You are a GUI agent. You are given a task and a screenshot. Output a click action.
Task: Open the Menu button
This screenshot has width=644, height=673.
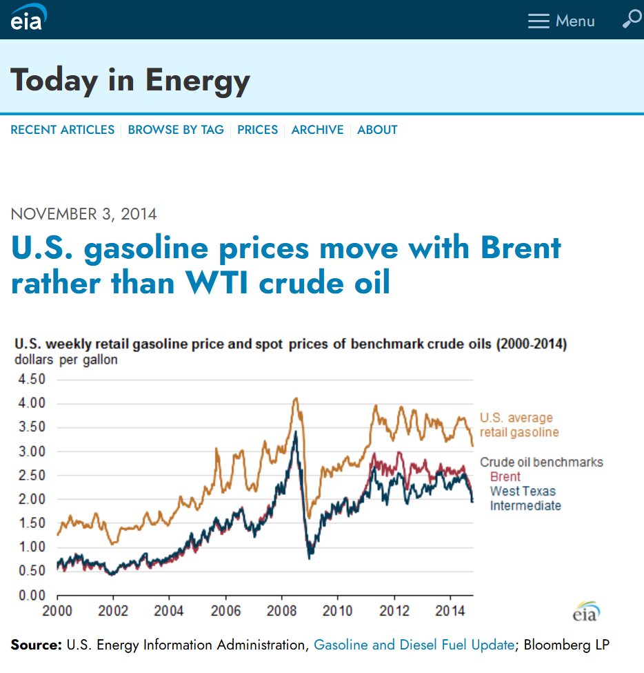[x=561, y=21]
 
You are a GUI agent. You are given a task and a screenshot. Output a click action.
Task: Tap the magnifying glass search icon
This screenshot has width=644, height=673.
[x=631, y=19]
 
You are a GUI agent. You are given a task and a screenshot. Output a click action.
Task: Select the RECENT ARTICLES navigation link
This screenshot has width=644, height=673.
[x=63, y=130]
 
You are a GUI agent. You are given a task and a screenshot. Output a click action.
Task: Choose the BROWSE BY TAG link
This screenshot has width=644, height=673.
[x=176, y=130]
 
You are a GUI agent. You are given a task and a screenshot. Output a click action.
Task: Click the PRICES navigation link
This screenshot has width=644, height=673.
[x=257, y=130]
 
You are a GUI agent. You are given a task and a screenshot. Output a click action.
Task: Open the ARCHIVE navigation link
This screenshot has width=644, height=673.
[x=317, y=130]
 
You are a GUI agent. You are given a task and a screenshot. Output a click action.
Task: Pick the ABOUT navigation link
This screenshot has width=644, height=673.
[x=377, y=130]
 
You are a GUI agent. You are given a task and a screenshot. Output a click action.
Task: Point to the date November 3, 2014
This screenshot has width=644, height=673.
[x=84, y=214]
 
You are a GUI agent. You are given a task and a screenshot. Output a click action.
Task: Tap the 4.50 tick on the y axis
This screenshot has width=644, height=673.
[x=30, y=380]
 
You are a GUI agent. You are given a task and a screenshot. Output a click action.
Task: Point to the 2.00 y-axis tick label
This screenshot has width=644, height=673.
[x=30, y=499]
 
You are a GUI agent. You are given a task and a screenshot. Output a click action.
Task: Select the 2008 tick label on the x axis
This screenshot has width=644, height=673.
[x=281, y=611]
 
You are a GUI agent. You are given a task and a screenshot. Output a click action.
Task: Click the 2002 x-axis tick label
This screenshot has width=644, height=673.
[x=113, y=611]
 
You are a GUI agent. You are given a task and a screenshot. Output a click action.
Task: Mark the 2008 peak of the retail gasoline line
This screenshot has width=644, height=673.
[x=296, y=398]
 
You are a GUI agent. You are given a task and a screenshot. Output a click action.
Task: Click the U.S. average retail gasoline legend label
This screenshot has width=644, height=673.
[x=519, y=425]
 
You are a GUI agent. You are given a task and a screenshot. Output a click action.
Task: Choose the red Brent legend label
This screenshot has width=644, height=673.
[x=505, y=477]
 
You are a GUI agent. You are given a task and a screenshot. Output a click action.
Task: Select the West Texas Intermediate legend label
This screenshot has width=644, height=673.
[x=525, y=498]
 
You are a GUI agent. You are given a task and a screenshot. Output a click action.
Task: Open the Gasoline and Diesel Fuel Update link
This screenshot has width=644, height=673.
[x=414, y=645]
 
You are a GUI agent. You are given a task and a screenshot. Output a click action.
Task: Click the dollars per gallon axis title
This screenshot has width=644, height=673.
[x=66, y=360]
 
